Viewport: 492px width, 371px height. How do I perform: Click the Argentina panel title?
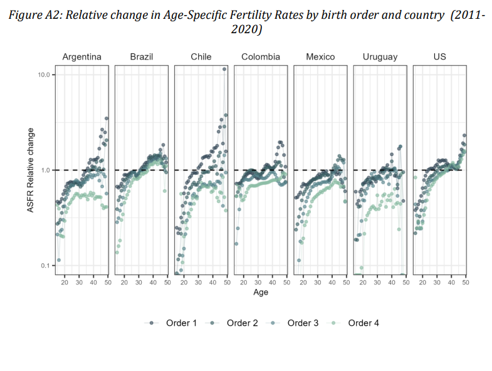81,57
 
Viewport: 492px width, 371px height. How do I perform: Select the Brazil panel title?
141,57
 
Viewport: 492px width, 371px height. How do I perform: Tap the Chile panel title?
201,57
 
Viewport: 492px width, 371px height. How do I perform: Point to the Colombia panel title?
261,57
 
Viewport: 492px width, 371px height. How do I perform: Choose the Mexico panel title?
320,57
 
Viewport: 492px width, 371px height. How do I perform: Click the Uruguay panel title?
380,57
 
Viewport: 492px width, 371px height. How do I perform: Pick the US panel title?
440,57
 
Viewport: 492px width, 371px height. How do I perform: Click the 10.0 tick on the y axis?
43,75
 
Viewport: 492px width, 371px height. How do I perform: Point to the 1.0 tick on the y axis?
45,170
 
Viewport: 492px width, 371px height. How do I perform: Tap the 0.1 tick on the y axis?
45,266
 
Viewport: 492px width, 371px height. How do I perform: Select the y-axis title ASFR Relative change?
31,170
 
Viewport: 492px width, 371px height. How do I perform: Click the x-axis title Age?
261,293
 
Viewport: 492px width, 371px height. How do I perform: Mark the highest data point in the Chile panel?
224,70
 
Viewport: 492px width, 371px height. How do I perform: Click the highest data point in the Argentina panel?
107,118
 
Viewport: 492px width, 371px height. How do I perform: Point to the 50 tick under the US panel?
466,283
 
